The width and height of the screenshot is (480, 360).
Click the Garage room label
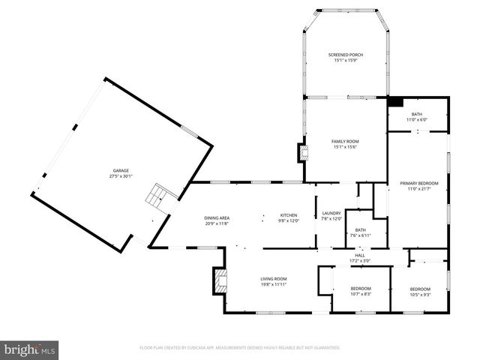tap(120, 171)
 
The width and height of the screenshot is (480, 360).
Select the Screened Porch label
tap(346, 55)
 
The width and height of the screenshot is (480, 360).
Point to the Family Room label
tap(346, 141)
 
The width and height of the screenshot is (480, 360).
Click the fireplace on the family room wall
tap(303, 152)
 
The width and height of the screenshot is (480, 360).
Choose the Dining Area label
tap(217, 217)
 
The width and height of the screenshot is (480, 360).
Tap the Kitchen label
tap(289, 214)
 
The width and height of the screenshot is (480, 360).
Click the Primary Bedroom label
tap(418, 183)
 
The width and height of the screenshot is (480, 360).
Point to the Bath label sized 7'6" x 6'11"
tap(360, 232)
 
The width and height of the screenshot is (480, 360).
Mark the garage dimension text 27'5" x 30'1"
tap(120, 177)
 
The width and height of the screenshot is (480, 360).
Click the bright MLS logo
tap(30, 349)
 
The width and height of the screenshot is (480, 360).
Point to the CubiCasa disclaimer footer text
tap(240, 347)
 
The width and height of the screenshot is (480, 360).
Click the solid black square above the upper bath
tap(395, 102)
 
